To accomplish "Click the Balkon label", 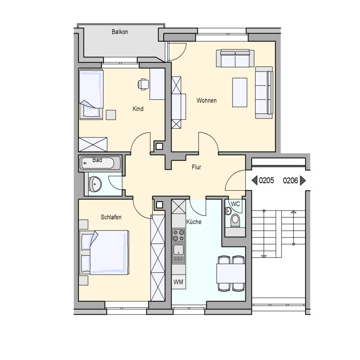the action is (x=120, y=32).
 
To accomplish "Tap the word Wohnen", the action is (x=206, y=100).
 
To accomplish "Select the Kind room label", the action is (x=138, y=108).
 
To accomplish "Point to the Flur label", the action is (x=196, y=167).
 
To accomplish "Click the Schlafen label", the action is (x=111, y=217).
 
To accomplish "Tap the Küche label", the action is (x=194, y=222).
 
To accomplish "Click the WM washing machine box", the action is (x=179, y=282).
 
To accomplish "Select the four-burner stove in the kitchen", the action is (x=179, y=235).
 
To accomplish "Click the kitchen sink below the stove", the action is (x=179, y=253).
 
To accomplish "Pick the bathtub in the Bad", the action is (x=100, y=163).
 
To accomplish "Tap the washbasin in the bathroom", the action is (x=95, y=184).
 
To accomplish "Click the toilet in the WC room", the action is (x=235, y=220).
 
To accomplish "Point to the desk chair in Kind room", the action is (x=143, y=84).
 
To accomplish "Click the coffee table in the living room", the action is (x=240, y=92).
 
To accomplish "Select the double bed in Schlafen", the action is (x=104, y=252).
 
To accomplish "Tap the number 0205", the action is (x=266, y=180).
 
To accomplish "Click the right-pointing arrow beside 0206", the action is (x=303, y=180).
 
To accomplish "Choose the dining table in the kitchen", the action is (x=231, y=274).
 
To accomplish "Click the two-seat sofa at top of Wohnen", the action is (x=235, y=58).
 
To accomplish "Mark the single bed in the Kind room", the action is (x=91, y=94).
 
